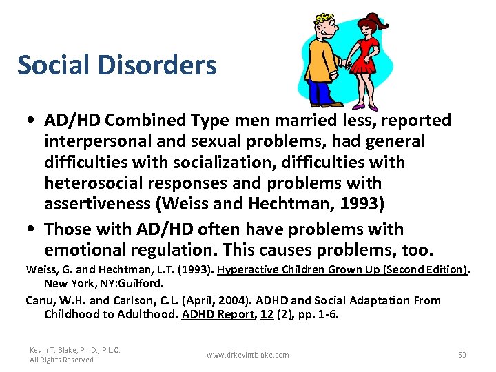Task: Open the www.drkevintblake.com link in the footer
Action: pyautogui.click(x=248, y=355)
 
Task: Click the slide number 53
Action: pyautogui.click(x=462, y=355)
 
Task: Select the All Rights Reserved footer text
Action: pyautogui.click(x=61, y=360)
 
